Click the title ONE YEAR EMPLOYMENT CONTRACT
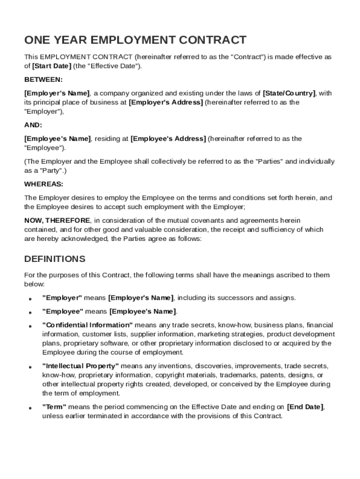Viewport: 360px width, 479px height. tap(135, 40)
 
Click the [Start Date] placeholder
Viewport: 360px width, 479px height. tap(51, 66)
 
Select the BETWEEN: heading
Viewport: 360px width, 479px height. tap(43, 80)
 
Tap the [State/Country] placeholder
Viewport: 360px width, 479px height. tap(289, 93)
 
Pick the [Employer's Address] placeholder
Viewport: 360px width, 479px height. tap(166, 102)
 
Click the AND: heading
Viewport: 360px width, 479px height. tap(33, 125)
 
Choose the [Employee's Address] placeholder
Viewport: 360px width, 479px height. tap(168, 138)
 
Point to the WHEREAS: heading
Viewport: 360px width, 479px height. tap(44, 184)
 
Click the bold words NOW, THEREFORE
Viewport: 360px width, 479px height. tap(57, 220)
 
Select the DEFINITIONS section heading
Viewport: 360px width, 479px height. tap(55, 259)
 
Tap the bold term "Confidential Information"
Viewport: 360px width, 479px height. tap(87, 325)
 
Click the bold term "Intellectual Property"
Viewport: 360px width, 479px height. tap(80, 366)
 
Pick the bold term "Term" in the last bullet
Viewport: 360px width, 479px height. tap(54, 407)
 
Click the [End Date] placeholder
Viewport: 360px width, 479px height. tap(305, 407)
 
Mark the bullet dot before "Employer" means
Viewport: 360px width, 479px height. tap(30, 298)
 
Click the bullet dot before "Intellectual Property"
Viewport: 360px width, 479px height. tap(30, 367)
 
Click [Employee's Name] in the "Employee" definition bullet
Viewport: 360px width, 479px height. tap(143, 312)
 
